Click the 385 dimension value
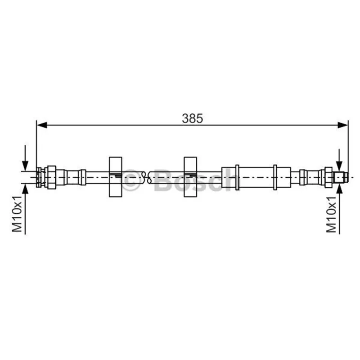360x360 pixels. (193, 118)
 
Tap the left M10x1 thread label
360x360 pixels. (17, 214)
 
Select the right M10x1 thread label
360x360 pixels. (331, 215)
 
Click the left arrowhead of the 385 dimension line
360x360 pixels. (42, 125)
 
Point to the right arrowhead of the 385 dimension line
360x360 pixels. (343, 125)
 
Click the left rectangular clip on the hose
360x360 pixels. (116, 177)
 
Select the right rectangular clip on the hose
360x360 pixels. (190, 177)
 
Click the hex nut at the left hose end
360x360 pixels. (51, 177)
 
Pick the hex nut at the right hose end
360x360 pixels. (328, 177)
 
